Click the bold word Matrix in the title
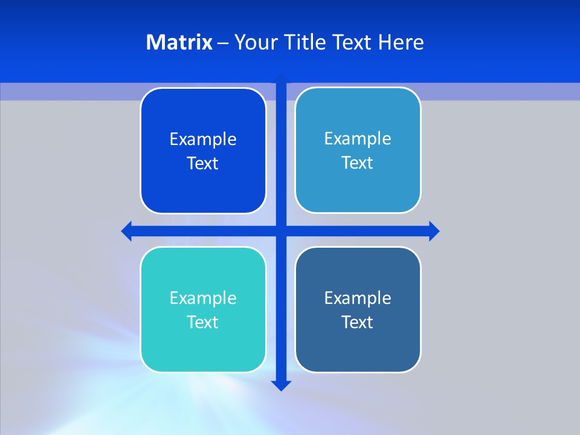[179, 42]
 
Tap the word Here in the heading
[401, 42]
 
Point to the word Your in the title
[254, 42]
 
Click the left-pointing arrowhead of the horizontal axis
[127, 231]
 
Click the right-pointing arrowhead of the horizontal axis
[434, 231]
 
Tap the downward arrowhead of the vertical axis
[281, 385]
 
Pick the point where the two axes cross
[281, 231]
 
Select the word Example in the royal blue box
[203, 140]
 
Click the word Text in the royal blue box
[203, 164]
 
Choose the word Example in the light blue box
[358, 139]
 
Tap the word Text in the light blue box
[358, 163]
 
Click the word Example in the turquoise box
[203, 298]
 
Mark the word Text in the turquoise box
[203, 322]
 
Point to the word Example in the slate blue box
[358, 298]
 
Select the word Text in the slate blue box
[358, 322]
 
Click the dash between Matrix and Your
[223, 43]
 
